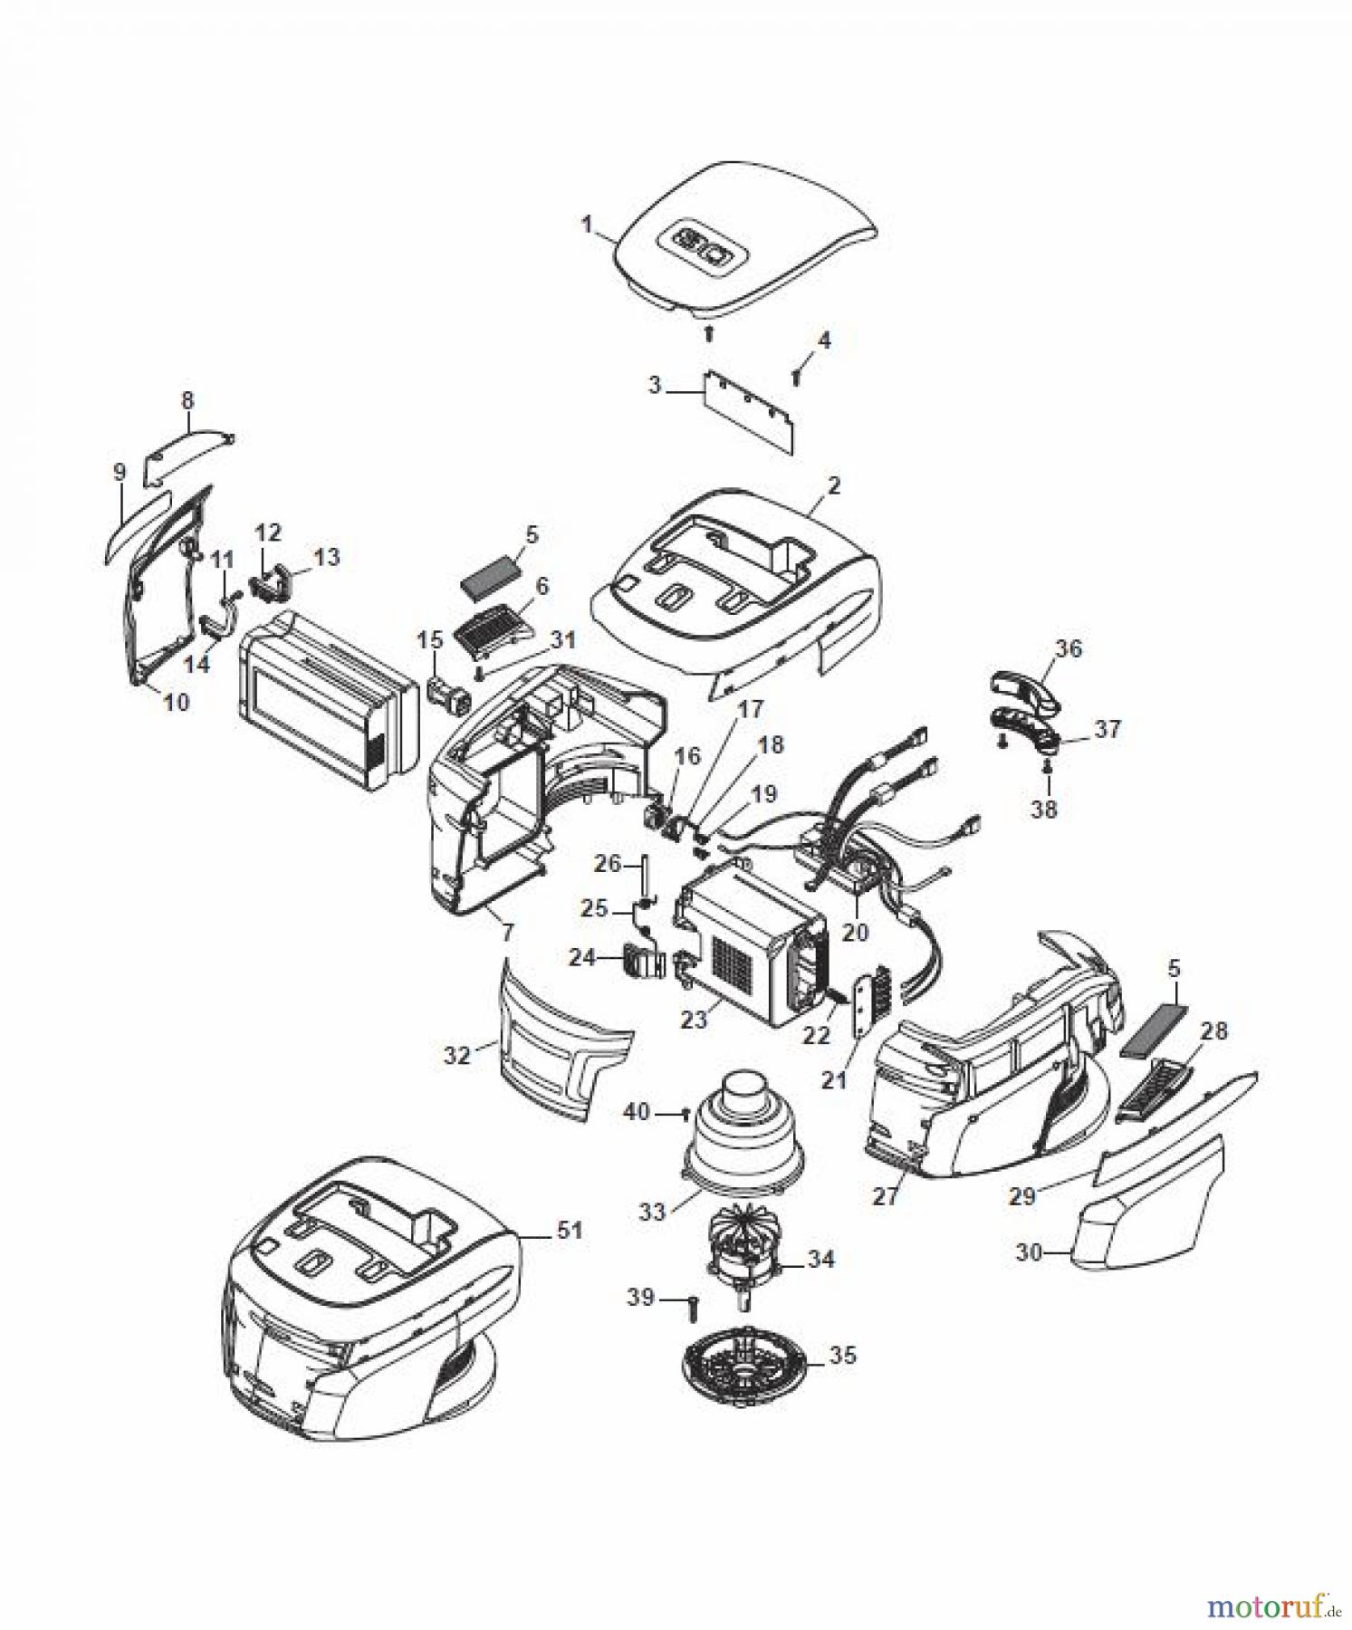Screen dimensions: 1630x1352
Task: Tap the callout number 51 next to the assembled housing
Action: (570, 1231)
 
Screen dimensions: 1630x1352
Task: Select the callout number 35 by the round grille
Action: (842, 1357)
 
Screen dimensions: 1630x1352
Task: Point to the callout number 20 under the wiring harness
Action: (855, 931)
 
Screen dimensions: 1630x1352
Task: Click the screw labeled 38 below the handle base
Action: (1047, 769)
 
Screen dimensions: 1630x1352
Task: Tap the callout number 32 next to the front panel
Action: (458, 1055)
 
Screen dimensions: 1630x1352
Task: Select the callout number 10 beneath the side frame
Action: (177, 701)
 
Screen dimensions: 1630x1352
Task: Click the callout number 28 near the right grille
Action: (1214, 1031)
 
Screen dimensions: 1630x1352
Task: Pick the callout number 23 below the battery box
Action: (694, 1020)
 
